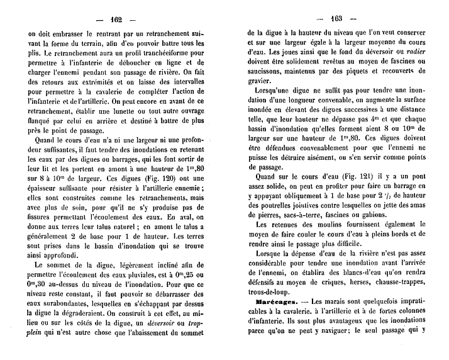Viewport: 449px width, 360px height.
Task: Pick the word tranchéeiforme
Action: pyautogui.click(x=156, y=56)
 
